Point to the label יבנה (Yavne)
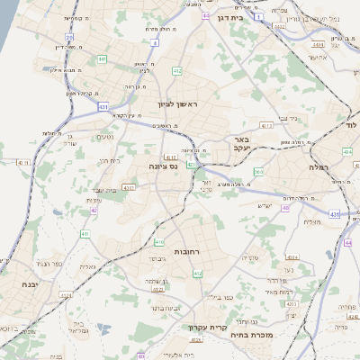coord(16,283)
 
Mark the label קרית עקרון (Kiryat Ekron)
coord(203,328)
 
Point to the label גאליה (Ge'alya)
coord(87,266)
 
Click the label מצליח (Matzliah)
coord(312,221)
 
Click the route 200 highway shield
coord(258,172)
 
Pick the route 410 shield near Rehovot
coord(159,242)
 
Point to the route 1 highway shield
coord(258,17)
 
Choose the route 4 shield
coord(155,42)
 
